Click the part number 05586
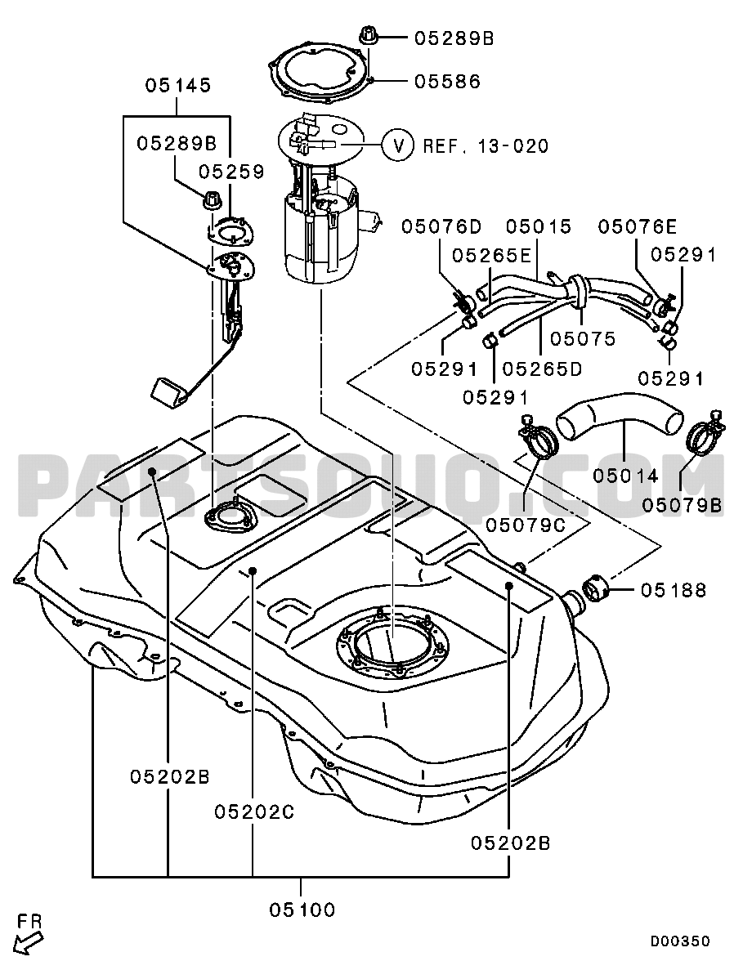447,81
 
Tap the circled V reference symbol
399,145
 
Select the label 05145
178,85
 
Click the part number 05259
232,172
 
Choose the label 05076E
638,226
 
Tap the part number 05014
626,474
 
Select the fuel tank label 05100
302,910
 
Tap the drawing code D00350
680,941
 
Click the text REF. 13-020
486,146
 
